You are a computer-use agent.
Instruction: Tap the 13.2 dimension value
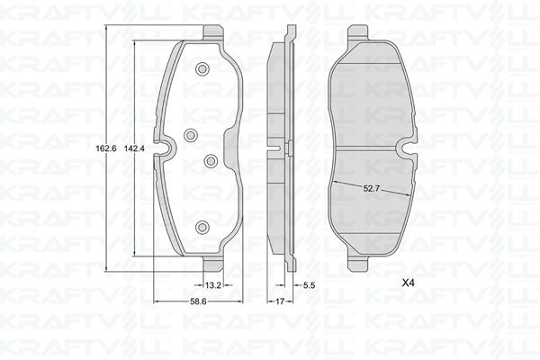pos(213,285)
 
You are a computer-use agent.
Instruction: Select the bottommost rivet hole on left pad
pos(202,227)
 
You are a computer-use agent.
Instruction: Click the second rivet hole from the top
pos(190,135)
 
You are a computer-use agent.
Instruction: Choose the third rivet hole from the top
pos(210,161)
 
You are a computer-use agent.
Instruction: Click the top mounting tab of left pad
pos(212,31)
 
